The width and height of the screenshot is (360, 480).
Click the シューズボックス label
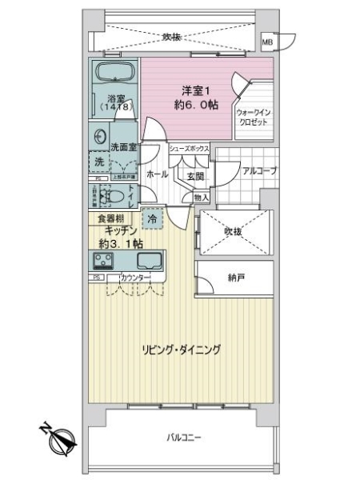click(189, 149)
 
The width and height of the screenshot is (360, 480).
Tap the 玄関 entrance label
click(196, 175)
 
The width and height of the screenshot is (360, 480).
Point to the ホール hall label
click(157, 174)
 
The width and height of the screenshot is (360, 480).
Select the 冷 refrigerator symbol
click(150, 218)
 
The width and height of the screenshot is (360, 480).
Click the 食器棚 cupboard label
click(109, 218)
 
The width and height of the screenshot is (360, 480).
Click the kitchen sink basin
click(150, 260)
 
